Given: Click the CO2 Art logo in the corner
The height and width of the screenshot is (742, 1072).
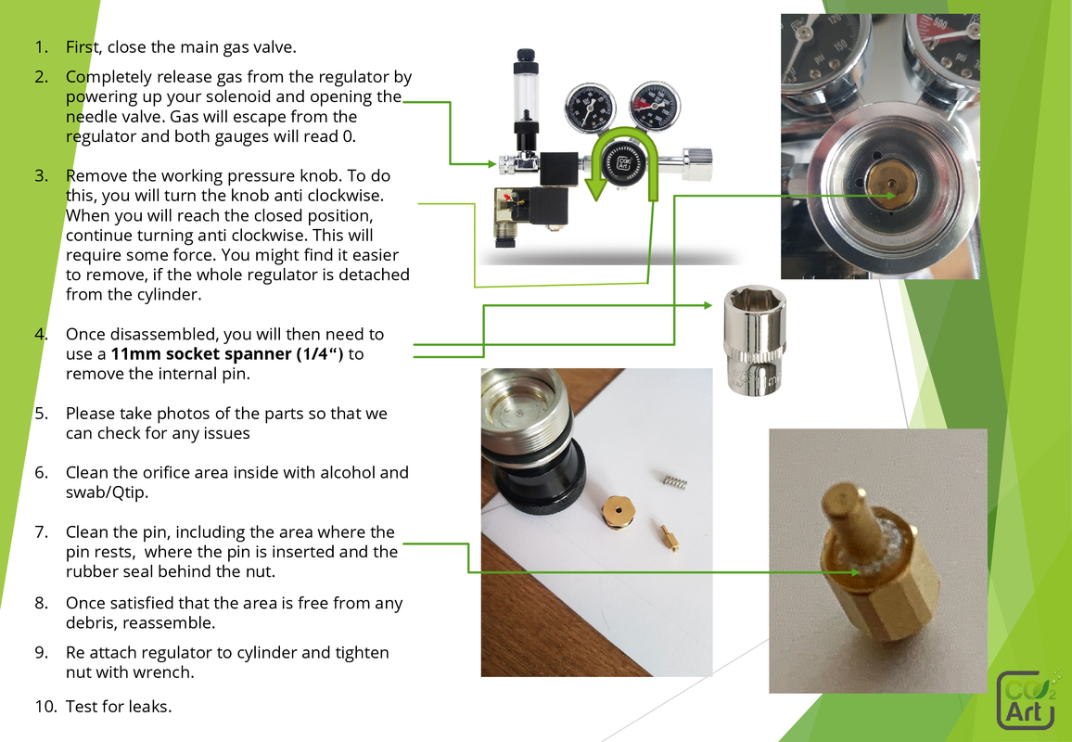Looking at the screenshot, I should click(x=1027, y=700).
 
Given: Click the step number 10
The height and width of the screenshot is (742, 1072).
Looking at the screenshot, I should click(x=46, y=707).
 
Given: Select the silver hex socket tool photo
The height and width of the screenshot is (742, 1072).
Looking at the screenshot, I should click(x=755, y=339).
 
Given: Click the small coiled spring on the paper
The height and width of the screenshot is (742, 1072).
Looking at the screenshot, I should click(x=674, y=480).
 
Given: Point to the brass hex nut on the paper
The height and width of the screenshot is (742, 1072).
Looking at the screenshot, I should click(x=614, y=509).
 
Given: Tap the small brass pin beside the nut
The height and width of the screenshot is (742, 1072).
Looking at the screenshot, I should click(x=666, y=537).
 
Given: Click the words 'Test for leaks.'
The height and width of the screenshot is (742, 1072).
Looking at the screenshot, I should click(x=119, y=707).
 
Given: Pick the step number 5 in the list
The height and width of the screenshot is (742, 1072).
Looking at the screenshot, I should click(x=42, y=413).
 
